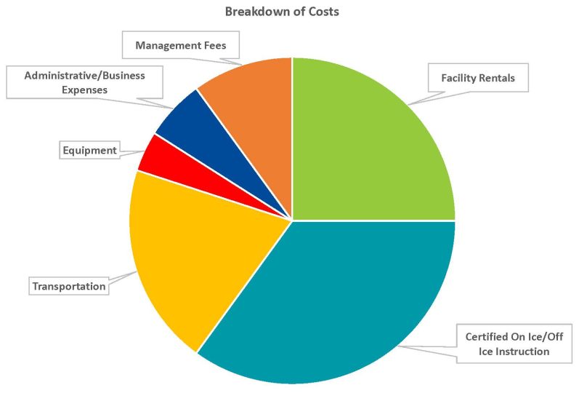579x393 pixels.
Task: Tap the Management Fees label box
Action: [180, 45]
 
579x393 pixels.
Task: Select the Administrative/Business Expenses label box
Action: [84, 82]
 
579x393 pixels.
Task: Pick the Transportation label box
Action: [69, 287]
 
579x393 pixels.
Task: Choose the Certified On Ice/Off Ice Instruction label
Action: [507, 344]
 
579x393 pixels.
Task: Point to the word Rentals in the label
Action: [501, 77]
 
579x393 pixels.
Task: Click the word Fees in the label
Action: [214, 45]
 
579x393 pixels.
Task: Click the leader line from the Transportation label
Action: [124, 277]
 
